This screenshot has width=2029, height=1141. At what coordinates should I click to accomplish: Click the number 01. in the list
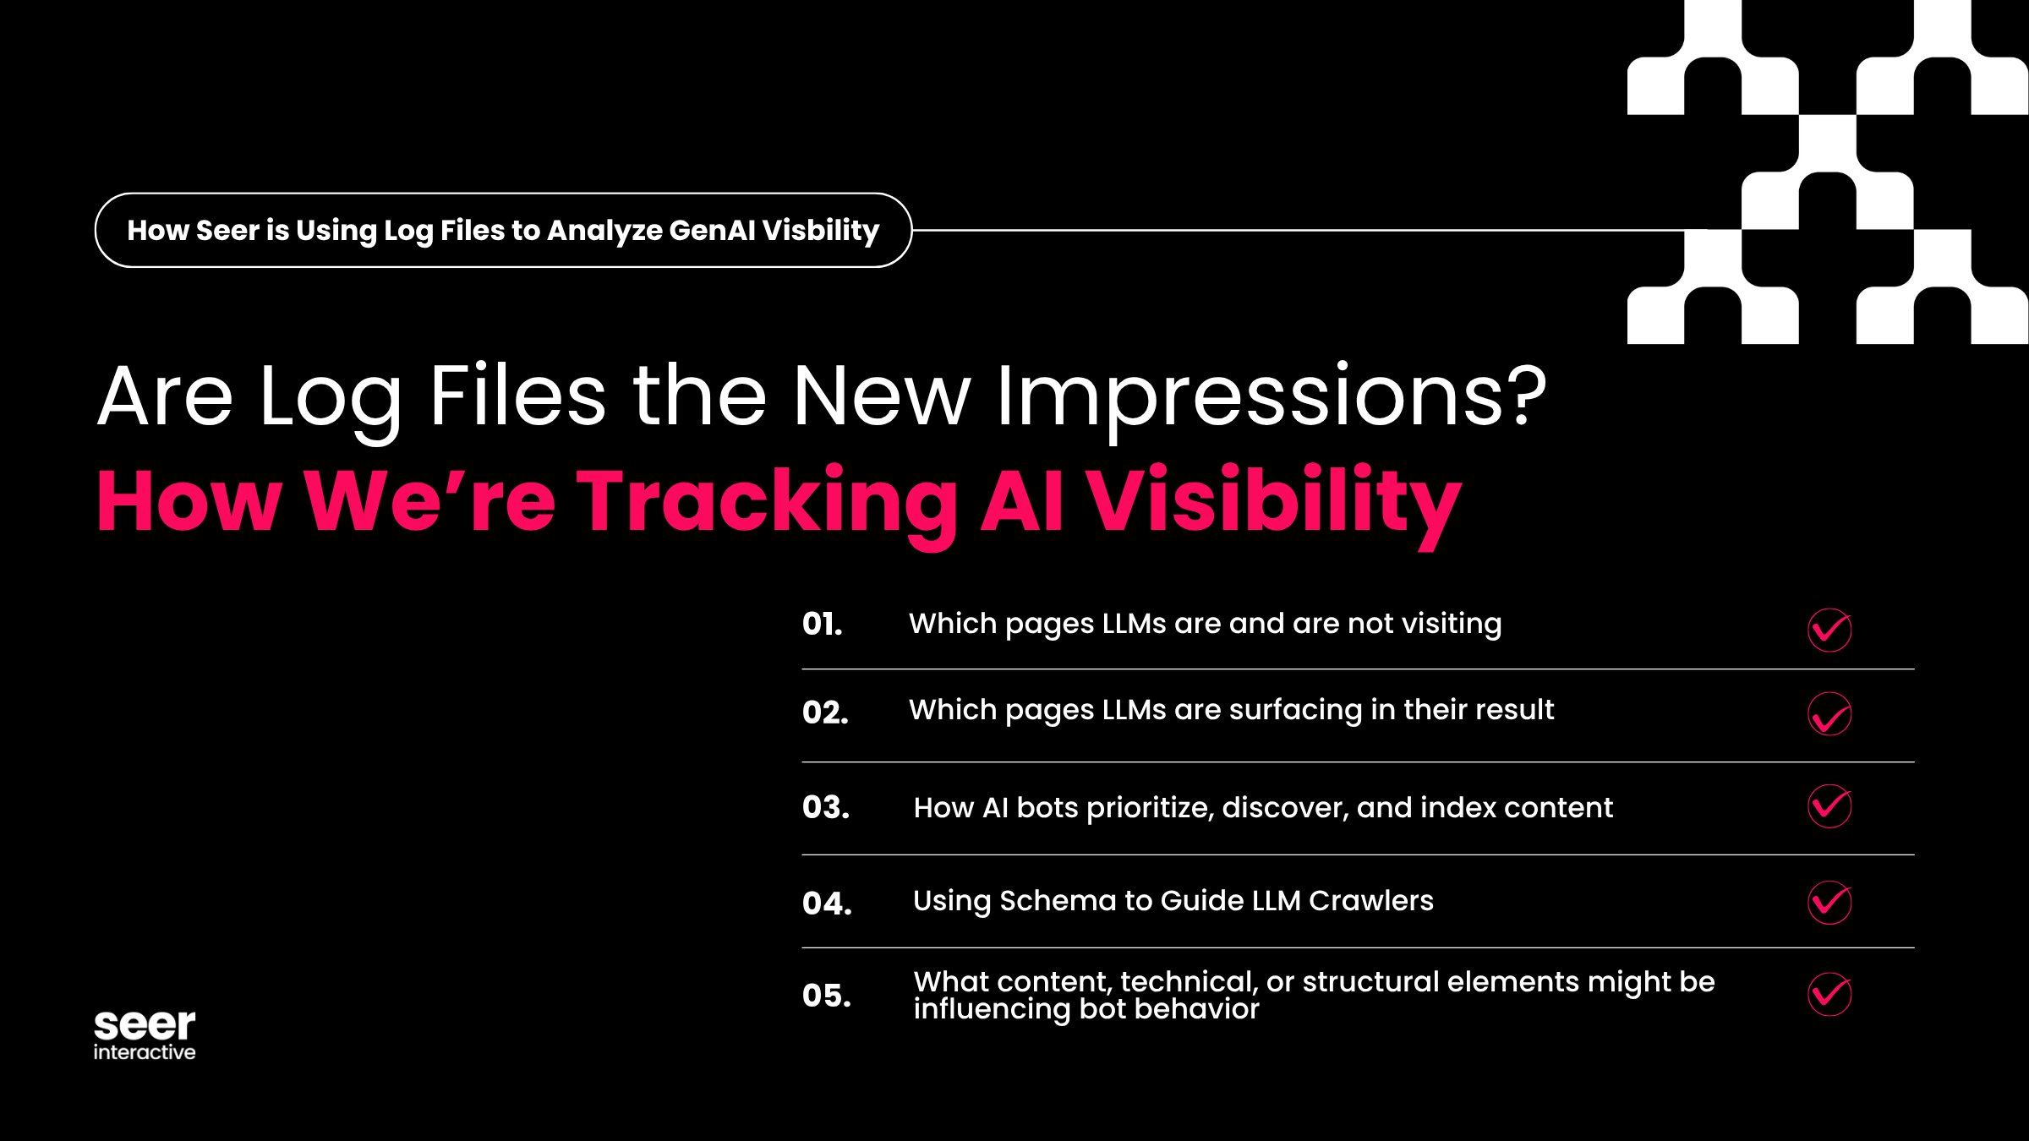(x=822, y=625)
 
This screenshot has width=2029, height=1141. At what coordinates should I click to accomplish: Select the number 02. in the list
(x=825, y=712)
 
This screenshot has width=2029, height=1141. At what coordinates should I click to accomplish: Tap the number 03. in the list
(x=826, y=807)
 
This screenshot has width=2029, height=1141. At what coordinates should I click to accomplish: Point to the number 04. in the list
(x=827, y=904)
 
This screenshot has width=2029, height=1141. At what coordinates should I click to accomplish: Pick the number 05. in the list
(x=827, y=996)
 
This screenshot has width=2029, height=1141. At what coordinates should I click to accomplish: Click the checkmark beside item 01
(x=1829, y=630)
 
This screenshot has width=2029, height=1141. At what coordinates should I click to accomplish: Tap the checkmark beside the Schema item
(x=1829, y=902)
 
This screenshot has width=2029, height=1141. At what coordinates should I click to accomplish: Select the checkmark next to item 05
(x=1829, y=994)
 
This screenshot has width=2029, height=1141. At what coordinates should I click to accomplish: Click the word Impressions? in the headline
(x=1271, y=396)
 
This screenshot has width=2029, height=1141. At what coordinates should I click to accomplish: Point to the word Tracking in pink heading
(x=767, y=502)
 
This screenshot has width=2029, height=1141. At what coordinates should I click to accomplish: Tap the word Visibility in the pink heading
(x=1273, y=502)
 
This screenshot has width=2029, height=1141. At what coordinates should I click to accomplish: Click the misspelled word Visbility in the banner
(x=821, y=230)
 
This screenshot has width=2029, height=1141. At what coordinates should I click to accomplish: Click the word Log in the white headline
(x=330, y=397)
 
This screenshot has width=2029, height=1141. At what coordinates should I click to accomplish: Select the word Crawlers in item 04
(x=1370, y=901)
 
